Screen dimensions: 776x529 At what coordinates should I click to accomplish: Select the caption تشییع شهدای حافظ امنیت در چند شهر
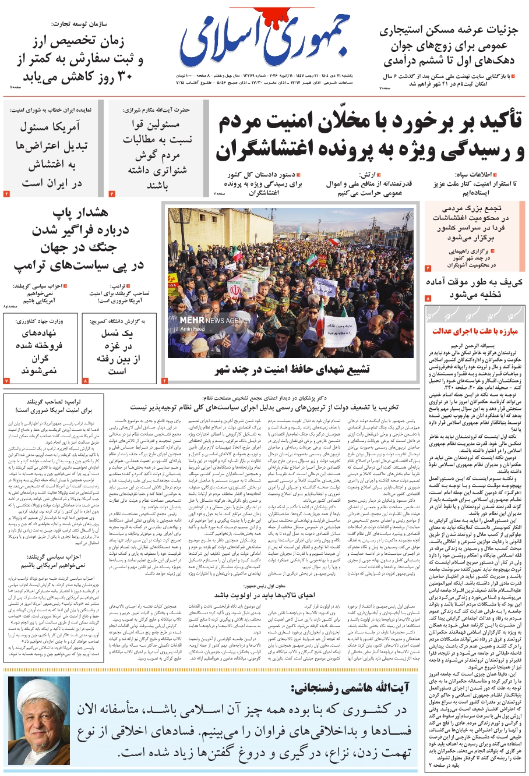pos(292,370)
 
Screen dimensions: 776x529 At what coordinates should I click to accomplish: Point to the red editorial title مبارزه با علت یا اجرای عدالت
pos(475,331)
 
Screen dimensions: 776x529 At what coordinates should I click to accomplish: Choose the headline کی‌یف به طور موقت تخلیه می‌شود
pos(474,288)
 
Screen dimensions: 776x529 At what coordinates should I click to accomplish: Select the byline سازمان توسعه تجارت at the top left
pos(97,24)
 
